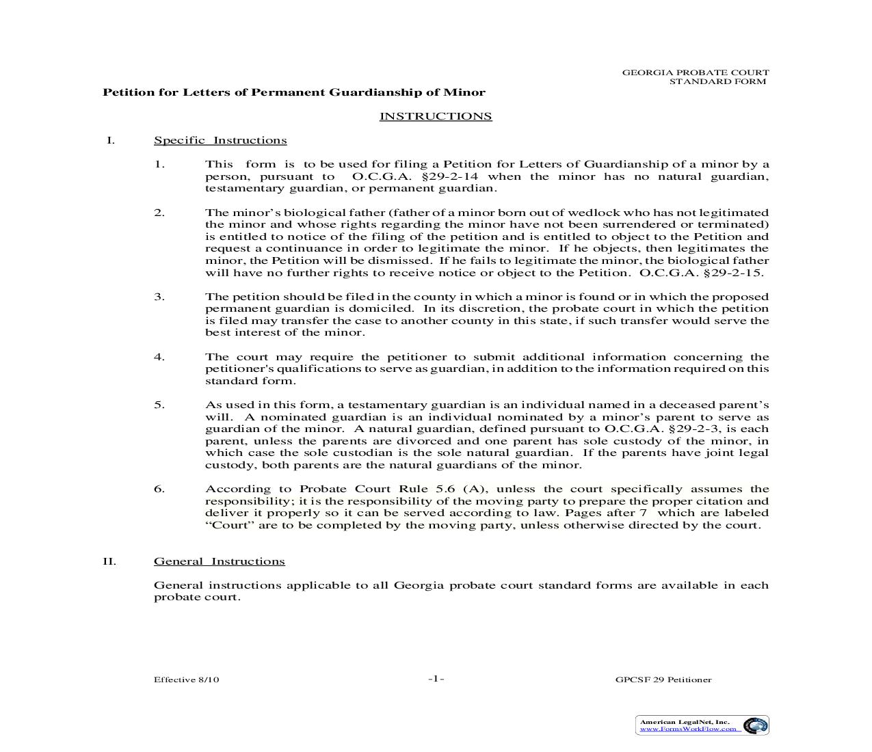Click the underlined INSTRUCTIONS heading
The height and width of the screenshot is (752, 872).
point(436,116)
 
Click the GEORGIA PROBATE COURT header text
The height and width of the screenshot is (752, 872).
point(695,72)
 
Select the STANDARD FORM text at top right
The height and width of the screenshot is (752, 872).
point(717,81)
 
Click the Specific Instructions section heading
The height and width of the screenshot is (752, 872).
point(220,141)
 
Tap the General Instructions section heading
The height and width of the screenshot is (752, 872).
point(219,561)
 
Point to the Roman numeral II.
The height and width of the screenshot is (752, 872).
point(109,561)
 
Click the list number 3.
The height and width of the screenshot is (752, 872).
point(159,297)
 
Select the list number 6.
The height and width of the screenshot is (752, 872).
point(159,489)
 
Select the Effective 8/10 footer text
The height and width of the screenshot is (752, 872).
point(186,680)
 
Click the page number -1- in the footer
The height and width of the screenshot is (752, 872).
point(436,679)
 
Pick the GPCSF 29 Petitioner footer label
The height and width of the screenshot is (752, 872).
point(663,680)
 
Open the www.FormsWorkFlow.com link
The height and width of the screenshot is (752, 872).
point(688,729)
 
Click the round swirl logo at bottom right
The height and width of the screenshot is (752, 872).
point(755,725)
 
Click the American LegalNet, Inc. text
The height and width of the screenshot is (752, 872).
point(684,721)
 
